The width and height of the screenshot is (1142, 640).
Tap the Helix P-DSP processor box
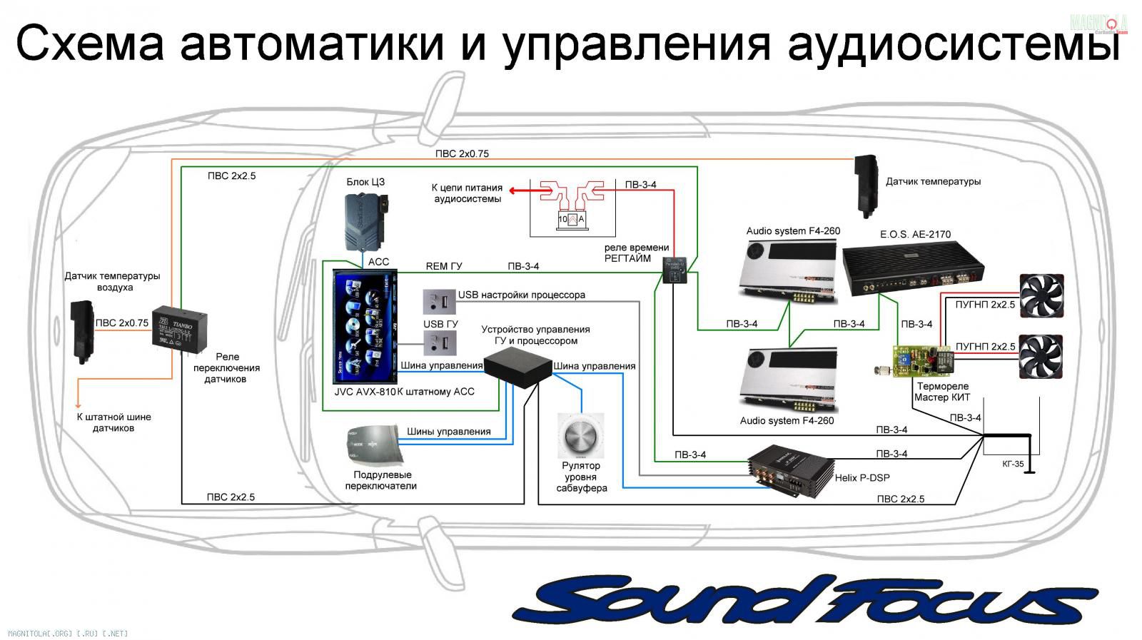pyautogui.click(x=791, y=469)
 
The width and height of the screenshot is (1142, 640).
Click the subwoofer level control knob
pyautogui.click(x=580, y=436)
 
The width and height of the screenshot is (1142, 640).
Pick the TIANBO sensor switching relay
pyautogui.click(x=179, y=327)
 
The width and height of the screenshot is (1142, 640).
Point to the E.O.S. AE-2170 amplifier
pyautogui.click(x=914, y=272)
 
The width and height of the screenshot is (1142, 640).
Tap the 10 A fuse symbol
pyautogui.click(x=571, y=220)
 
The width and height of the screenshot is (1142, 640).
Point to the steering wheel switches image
pyautogui.click(x=373, y=443)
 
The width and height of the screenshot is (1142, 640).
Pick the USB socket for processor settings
pyautogui.click(x=439, y=302)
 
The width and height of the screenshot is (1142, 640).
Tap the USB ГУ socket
pyautogui.click(x=439, y=344)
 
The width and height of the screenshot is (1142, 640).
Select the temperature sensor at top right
pyautogui.click(x=867, y=185)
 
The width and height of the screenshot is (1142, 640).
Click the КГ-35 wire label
pyautogui.click(x=1013, y=464)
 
